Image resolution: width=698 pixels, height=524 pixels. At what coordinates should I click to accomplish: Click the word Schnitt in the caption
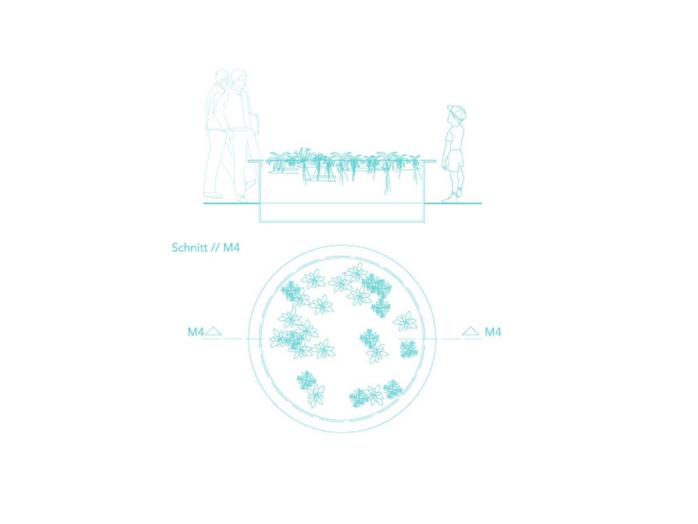pos(190,247)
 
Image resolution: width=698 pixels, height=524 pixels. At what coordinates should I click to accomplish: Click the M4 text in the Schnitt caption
pos(232,247)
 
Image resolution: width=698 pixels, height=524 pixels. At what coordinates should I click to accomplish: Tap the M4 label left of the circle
pos(195,332)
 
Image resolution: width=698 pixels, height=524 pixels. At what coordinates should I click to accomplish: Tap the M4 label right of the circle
pos(493,332)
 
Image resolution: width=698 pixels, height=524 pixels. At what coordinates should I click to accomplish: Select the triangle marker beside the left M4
pos(213,331)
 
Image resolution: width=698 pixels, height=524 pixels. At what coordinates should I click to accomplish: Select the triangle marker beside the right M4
pos(471,331)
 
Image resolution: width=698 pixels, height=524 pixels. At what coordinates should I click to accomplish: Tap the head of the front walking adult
pos(239,78)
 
